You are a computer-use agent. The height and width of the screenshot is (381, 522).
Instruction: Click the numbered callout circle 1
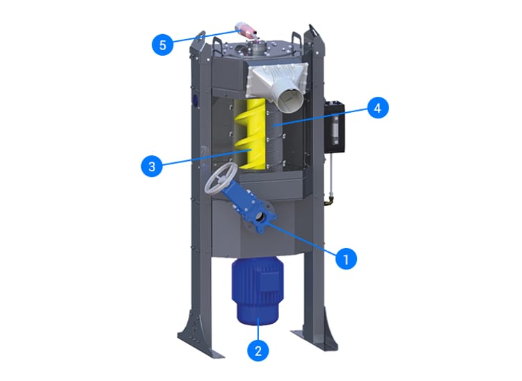point(346,259)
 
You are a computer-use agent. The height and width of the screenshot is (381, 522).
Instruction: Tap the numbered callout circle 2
point(258,350)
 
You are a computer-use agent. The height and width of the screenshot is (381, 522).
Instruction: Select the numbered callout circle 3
point(152,166)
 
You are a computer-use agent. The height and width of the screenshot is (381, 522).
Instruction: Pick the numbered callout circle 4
point(378,107)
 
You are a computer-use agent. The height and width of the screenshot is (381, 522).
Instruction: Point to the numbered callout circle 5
point(162,45)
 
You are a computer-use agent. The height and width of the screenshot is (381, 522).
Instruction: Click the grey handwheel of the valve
point(221,178)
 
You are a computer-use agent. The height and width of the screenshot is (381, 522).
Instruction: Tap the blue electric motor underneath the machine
point(258,290)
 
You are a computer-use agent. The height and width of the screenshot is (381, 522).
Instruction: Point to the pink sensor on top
point(246,30)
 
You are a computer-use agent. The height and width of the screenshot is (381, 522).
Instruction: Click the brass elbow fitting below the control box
point(329,201)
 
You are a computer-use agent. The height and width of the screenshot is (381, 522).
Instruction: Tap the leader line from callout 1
point(301,239)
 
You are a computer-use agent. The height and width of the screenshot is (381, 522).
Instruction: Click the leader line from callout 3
point(205,157)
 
